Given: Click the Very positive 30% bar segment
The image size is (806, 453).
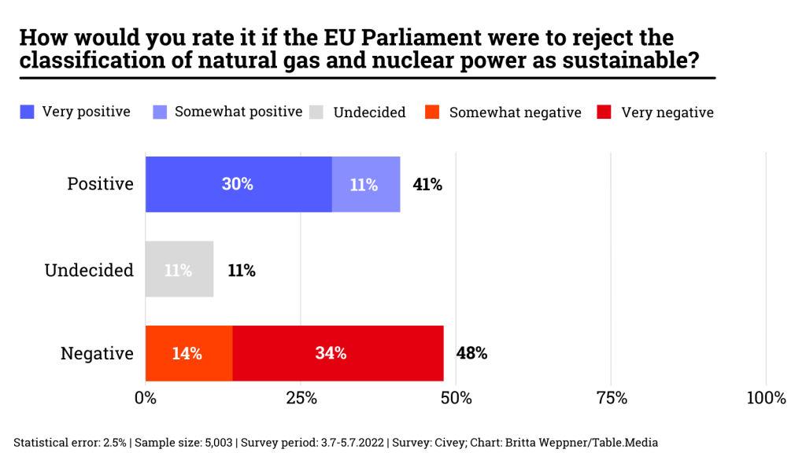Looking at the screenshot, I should click(x=238, y=184).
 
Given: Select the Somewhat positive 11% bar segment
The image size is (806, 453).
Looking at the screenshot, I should click(x=365, y=184).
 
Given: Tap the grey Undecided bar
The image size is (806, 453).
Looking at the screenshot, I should click(x=179, y=269).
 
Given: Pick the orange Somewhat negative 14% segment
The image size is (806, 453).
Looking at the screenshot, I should click(x=189, y=353).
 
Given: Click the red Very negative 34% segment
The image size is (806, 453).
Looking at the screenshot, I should click(x=338, y=353).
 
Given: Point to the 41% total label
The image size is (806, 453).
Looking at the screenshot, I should click(x=427, y=185).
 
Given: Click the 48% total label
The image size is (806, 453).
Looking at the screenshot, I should click(x=471, y=353).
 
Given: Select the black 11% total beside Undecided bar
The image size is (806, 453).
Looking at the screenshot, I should click(x=241, y=270).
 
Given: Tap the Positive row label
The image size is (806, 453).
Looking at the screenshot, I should click(x=100, y=184).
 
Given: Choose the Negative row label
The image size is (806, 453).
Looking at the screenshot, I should click(x=97, y=354).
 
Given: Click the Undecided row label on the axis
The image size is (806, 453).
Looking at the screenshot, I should click(x=89, y=270).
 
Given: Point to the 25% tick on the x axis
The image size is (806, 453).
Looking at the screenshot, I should click(x=300, y=398).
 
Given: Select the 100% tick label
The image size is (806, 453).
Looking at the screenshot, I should click(x=765, y=398).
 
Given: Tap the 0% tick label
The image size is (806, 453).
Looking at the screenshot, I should click(x=146, y=398).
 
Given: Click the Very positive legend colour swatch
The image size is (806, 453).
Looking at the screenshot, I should click(x=27, y=112).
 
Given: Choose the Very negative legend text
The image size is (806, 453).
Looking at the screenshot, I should click(x=667, y=112).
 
